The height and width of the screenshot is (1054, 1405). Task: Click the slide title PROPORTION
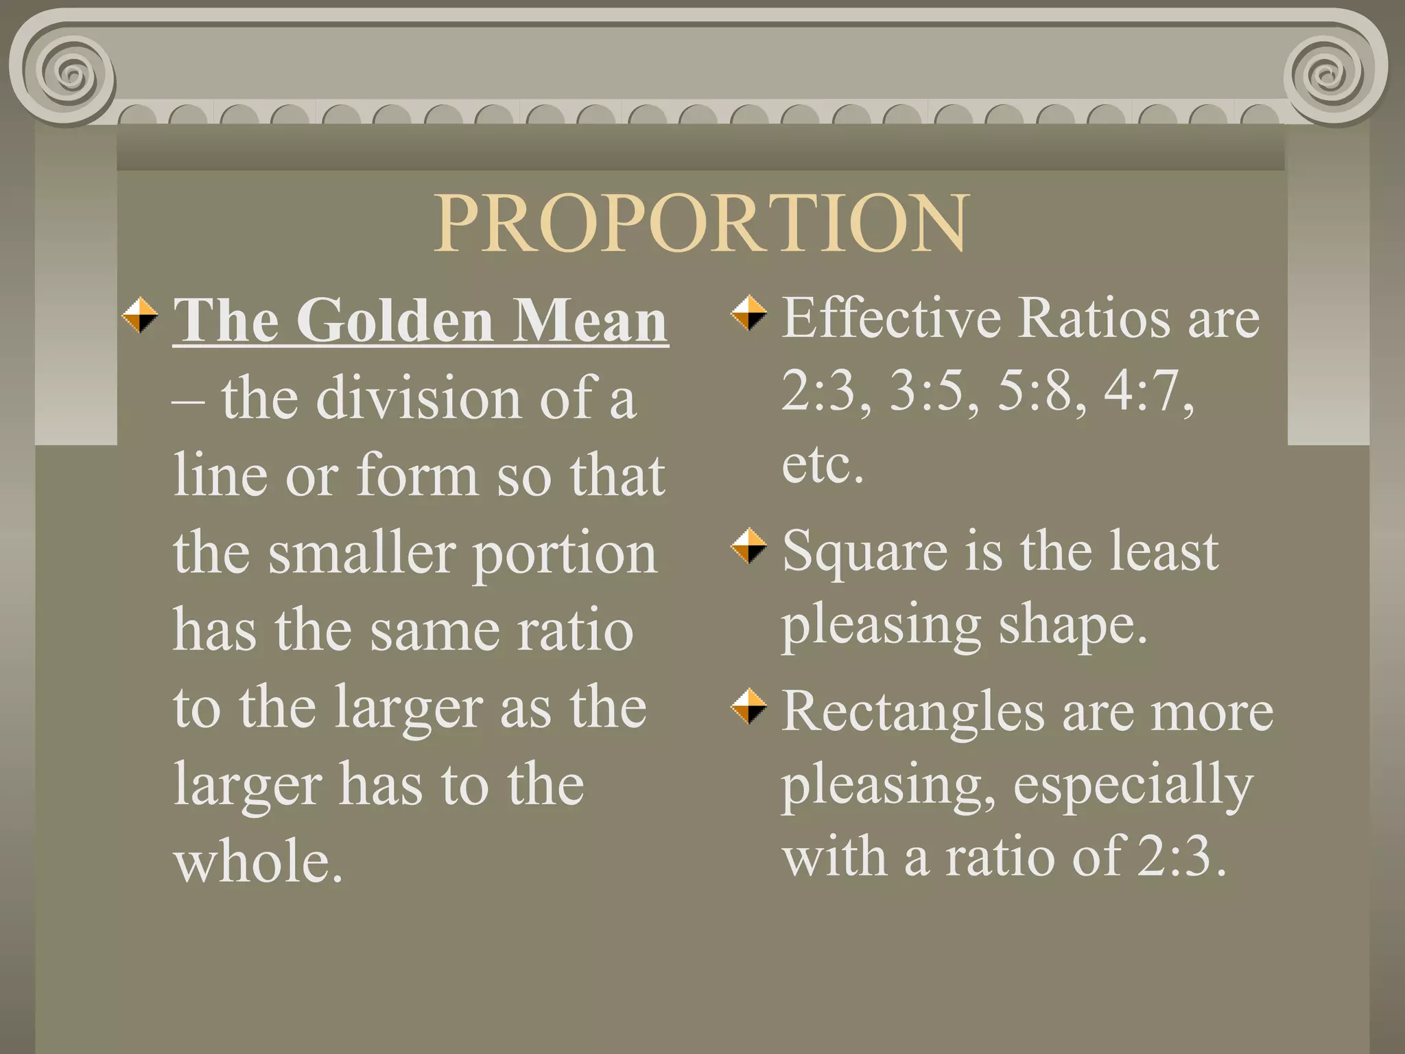click(x=701, y=224)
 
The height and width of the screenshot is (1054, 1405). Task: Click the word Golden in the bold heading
click(x=394, y=320)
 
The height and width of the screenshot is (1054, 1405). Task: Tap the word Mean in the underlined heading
click(x=590, y=320)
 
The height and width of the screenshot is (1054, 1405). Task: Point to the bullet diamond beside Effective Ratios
click(x=748, y=313)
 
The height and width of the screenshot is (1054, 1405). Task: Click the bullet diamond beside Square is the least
click(x=748, y=546)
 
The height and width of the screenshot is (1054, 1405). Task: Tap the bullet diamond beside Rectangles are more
click(x=748, y=707)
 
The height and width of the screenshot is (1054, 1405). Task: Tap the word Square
click(x=864, y=553)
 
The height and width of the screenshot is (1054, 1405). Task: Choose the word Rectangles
click(x=912, y=712)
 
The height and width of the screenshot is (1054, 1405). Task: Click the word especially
click(x=1133, y=786)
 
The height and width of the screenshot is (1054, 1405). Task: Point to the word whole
click(x=258, y=862)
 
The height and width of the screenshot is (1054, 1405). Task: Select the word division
click(x=418, y=399)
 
